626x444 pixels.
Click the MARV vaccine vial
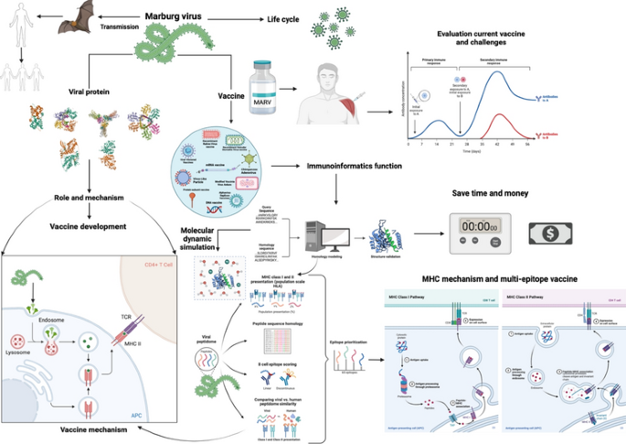[x=265, y=83]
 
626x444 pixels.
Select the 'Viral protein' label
[x=92, y=92]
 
